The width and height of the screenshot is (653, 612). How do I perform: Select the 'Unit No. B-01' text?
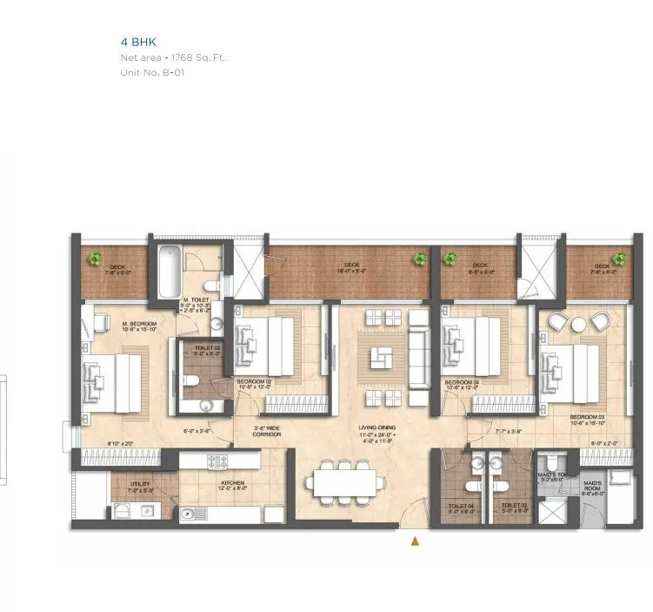[x=152, y=73]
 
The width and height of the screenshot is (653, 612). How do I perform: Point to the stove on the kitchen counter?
[x=217, y=461]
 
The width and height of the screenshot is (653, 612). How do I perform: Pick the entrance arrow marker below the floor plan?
[x=416, y=541]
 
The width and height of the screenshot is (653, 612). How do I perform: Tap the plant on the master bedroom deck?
[x=93, y=258]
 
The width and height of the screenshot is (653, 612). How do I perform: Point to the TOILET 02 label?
[x=205, y=348]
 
